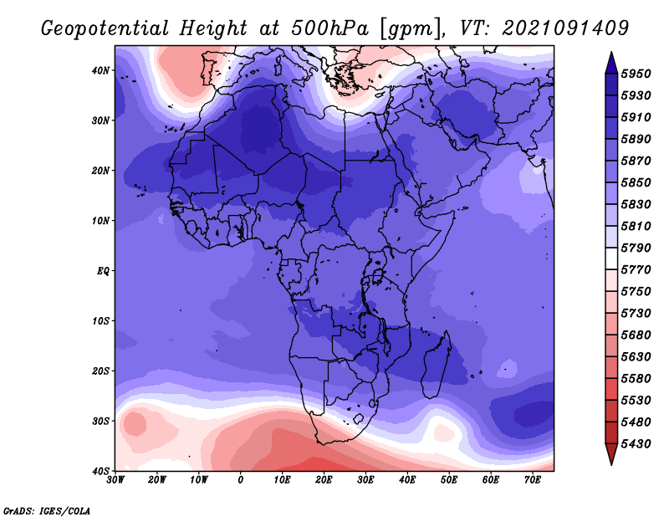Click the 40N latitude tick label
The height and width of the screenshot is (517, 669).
(x=100, y=70)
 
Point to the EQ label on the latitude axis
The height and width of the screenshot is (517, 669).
(x=103, y=271)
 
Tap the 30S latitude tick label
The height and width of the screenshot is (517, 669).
(x=100, y=421)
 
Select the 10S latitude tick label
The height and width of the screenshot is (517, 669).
(x=100, y=321)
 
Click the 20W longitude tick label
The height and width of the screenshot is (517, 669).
(x=157, y=480)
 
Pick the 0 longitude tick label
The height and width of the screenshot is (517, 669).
(x=241, y=480)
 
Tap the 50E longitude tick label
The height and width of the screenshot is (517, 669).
(x=449, y=480)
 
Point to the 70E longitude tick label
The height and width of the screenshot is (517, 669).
(x=533, y=480)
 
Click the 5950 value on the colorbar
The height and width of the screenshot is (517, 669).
(x=636, y=74)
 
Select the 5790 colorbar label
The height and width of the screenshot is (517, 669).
(x=636, y=248)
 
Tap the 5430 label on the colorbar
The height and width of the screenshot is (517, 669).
(x=636, y=444)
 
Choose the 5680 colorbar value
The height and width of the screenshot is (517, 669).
(x=636, y=335)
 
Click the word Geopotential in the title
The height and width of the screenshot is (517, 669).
(x=105, y=29)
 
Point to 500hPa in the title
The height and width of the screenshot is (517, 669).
(x=329, y=28)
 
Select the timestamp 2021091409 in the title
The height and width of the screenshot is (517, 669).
(x=565, y=28)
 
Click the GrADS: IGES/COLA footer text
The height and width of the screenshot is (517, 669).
(x=47, y=511)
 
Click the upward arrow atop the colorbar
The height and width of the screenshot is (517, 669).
(x=611, y=63)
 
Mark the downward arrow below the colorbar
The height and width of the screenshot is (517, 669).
(x=611, y=454)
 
